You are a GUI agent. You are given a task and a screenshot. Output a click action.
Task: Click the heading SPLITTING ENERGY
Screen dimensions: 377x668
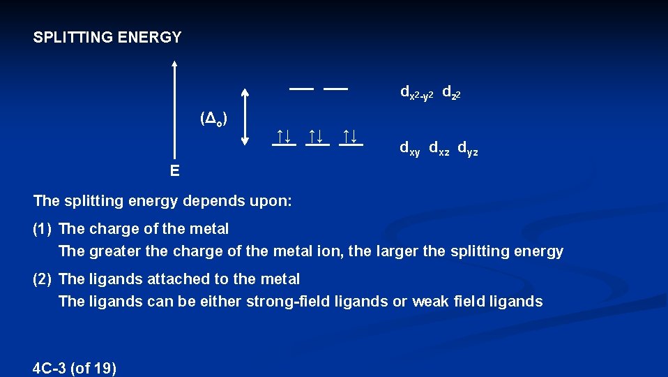pyautogui.click(x=107, y=38)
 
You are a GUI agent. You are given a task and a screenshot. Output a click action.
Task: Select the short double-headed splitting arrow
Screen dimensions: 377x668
pyautogui.click(x=245, y=116)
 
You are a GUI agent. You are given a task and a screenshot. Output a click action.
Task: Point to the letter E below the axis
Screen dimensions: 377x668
pyautogui.click(x=174, y=171)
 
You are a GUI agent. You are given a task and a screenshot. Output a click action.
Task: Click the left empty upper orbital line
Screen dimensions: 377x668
pyautogui.click(x=302, y=89)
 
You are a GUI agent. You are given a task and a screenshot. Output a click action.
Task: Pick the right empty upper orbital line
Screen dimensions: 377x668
pyautogui.click(x=335, y=89)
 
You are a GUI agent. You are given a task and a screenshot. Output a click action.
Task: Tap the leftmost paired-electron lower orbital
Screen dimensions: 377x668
pyautogui.click(x=284, y=138)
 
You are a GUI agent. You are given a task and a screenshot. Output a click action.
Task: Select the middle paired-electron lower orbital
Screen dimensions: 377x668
pyautogui.click(x=317, y=138)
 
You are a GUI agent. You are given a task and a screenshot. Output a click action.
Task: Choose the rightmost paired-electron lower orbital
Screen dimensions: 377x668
pyautogui.click(x=351, y=138)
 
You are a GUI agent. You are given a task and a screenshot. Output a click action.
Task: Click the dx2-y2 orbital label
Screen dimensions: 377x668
pyautogui.click(x=416, y=93)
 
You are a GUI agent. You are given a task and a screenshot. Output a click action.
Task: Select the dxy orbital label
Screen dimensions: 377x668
pyautogui.click(x=409, y=149)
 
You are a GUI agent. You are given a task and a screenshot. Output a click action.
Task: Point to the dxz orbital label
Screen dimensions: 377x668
pyautogui.click(x=439, y=149)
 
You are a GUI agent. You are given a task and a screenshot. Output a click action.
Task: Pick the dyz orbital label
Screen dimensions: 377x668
pyautogui.click(x=468, y=149)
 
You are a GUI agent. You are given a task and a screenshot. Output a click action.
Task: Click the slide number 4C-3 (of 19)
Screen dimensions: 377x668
pyautogui.click(x=75, y=368)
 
